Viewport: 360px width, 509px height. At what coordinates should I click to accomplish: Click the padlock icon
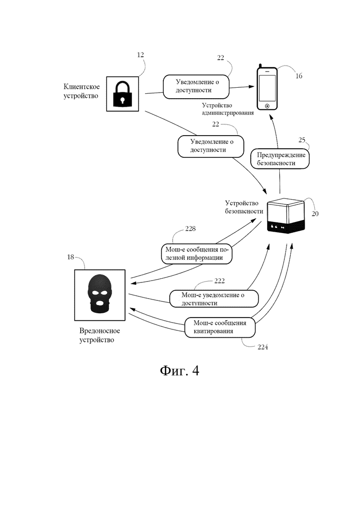122,94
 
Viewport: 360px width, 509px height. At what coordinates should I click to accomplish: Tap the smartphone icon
267,88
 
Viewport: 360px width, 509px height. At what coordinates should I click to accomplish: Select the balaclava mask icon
100,294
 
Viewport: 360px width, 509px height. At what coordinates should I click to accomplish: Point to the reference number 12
140,55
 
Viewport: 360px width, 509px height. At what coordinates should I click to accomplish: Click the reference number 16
299,76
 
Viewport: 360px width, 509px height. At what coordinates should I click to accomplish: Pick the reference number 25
302,140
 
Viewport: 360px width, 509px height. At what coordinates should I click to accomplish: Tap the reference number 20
315,214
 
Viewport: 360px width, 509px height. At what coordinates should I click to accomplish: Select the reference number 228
190,229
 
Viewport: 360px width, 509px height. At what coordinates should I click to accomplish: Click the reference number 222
219,281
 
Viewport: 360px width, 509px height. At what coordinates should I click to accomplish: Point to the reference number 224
263,347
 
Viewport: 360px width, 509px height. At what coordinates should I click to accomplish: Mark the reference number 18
71,257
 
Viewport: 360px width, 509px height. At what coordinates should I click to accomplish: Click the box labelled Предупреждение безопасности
280,159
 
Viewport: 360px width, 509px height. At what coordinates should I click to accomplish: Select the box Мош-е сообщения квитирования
220,327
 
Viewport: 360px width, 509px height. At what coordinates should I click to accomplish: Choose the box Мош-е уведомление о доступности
214,299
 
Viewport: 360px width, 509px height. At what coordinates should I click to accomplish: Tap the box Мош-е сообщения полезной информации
197,253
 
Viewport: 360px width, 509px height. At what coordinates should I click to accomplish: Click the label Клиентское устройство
82,91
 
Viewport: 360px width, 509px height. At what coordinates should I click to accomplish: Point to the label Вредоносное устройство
100,335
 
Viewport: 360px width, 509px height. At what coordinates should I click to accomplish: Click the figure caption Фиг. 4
180,371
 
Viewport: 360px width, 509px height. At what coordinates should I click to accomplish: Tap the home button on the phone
267,106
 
